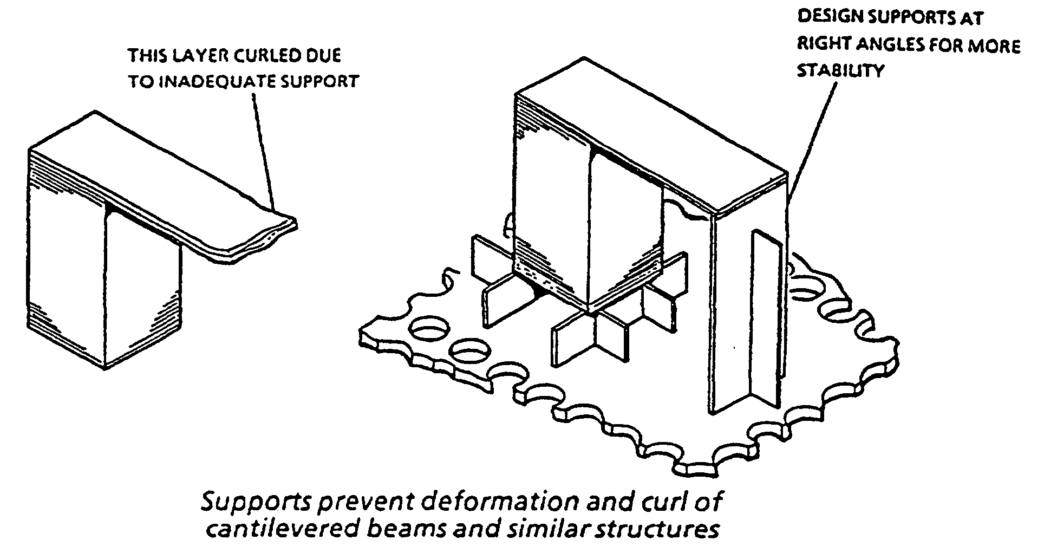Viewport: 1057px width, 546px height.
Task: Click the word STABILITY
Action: click(x=840, y=71)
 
